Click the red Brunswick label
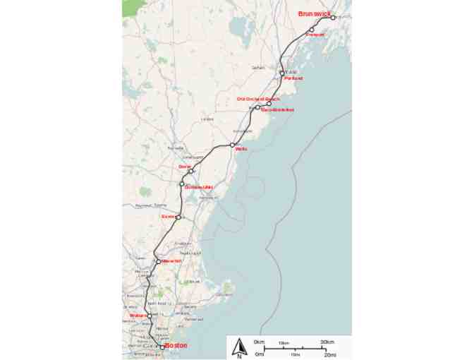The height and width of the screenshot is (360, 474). tap(314, 13)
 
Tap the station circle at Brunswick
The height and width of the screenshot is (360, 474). tap(333, 18)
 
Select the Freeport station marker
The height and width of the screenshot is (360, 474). tap(311, 30)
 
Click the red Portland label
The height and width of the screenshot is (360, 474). tap(293, 78)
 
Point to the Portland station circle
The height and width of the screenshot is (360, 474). tap(282, 73)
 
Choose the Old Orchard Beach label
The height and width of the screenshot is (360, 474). tap(257, 99)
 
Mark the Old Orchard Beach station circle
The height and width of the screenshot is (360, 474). tap(269, 104)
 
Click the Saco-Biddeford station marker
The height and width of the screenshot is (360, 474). tap(258, 107)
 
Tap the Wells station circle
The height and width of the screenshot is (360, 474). tap(232, 145)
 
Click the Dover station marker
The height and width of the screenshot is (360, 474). tap(191, 171)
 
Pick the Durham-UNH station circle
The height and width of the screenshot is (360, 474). tap(182, 184)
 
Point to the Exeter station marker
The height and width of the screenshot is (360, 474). tap(178, 217)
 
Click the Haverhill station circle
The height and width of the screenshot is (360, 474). tap(159, 261)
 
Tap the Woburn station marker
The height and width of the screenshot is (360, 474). tap(150, 316)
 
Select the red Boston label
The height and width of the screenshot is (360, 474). tap(176, 345)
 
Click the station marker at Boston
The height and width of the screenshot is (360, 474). tap(162, 347)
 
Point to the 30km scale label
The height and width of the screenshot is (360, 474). tap(327, 342)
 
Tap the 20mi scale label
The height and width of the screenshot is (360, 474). tap(329, 354)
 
